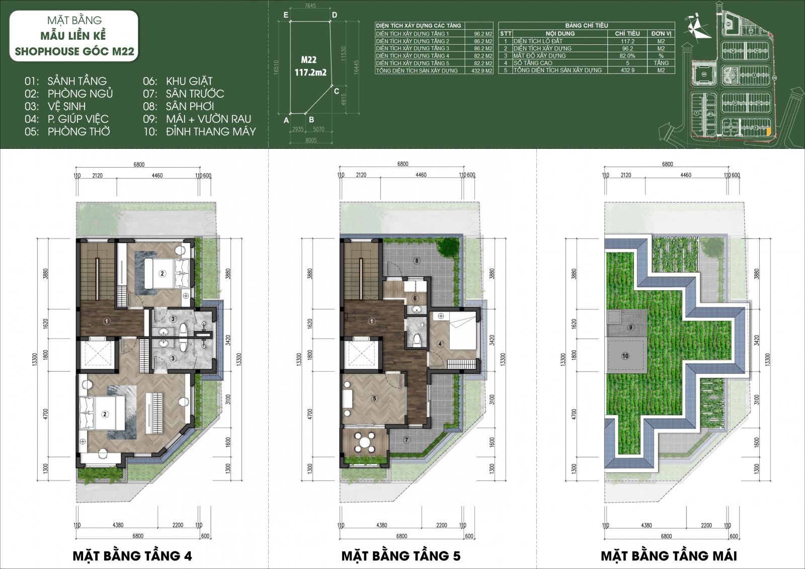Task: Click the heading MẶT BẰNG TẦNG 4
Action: coord(132,555)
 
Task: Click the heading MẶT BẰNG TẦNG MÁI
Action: coord(669,555)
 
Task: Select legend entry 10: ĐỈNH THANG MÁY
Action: coord(199,132)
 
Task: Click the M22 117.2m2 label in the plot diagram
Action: coord(310,66)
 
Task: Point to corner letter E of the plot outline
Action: coord(286,15)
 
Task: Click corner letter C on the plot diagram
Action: coord(336,91)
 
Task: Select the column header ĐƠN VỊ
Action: coord(661,33)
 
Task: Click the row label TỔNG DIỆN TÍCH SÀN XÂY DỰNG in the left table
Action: coord(417,71)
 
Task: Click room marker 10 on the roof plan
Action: coord(625,356)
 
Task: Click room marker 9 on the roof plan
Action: coord(630,328)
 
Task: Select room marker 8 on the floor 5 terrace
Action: coord(416,261)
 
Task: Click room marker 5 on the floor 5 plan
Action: coord(374,398)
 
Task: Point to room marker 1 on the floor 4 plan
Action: coord(107,320)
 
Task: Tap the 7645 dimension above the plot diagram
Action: coord(310,6)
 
